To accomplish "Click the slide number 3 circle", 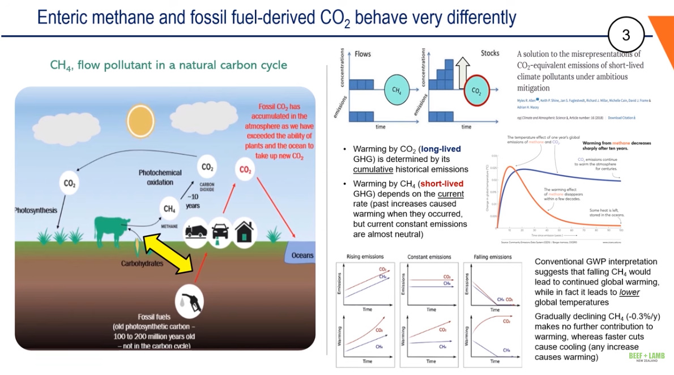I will pos(626,35).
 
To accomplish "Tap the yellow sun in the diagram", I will pos(140,120).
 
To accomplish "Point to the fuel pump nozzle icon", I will pos(190,301).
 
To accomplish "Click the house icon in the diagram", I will pos(245,232).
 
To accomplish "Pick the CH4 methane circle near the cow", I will pos(169,209).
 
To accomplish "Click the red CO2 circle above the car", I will pos(245,169).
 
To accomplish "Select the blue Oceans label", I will pos(302,255).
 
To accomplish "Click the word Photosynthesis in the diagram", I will pos(36,210).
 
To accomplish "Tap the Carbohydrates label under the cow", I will pos(142,263).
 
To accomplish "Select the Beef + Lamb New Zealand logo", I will pos(647,357).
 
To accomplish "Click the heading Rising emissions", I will pos(365,257).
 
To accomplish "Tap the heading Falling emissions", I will pos(492,257).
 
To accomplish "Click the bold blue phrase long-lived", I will pos(440,149).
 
